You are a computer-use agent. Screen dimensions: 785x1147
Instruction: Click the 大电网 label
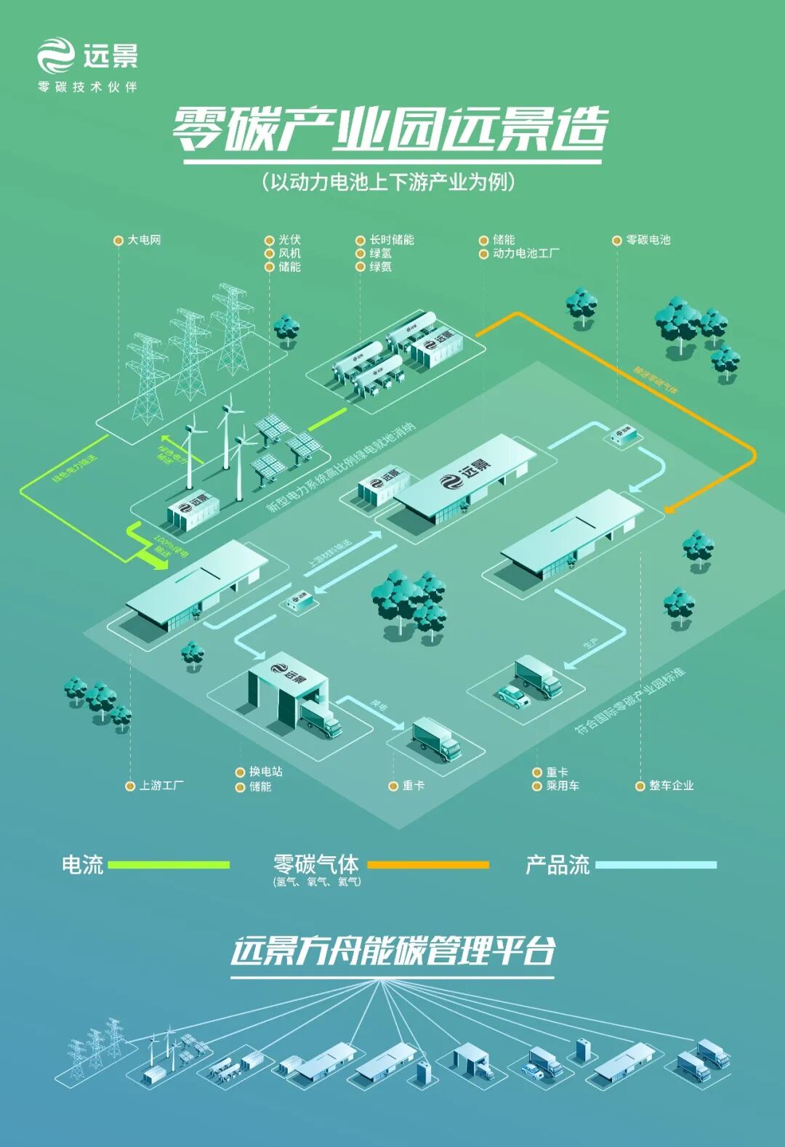point(144,240)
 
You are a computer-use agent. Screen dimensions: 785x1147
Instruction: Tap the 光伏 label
point(289,240)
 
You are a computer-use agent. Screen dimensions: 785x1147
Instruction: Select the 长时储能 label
point(391,240)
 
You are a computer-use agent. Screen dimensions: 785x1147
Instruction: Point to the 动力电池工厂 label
point(526,254)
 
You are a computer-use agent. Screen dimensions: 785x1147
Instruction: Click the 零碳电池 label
point(648,240)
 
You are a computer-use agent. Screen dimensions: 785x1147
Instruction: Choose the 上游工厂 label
point(161,786)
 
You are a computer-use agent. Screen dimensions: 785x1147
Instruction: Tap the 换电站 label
point(265,772)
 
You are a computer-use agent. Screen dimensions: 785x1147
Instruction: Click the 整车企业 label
point(671,786)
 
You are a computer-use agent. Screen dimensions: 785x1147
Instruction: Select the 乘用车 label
point(563,786)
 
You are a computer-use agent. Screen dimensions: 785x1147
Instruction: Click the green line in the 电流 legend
point(169,865)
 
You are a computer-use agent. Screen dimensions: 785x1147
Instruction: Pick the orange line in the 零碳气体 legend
point(428,865)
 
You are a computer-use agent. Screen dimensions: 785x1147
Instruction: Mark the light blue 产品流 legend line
point(656,865)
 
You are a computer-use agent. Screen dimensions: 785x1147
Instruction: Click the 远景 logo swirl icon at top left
point(56,56)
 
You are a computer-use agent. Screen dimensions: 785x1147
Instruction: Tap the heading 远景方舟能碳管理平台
point(392,951)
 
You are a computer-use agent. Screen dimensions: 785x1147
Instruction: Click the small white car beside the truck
point(512,696)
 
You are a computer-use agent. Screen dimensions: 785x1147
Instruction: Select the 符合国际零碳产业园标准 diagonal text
point(630,701)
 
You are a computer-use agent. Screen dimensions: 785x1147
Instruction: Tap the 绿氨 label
point(380,267)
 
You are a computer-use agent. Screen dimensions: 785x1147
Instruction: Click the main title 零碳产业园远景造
point(390,131)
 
